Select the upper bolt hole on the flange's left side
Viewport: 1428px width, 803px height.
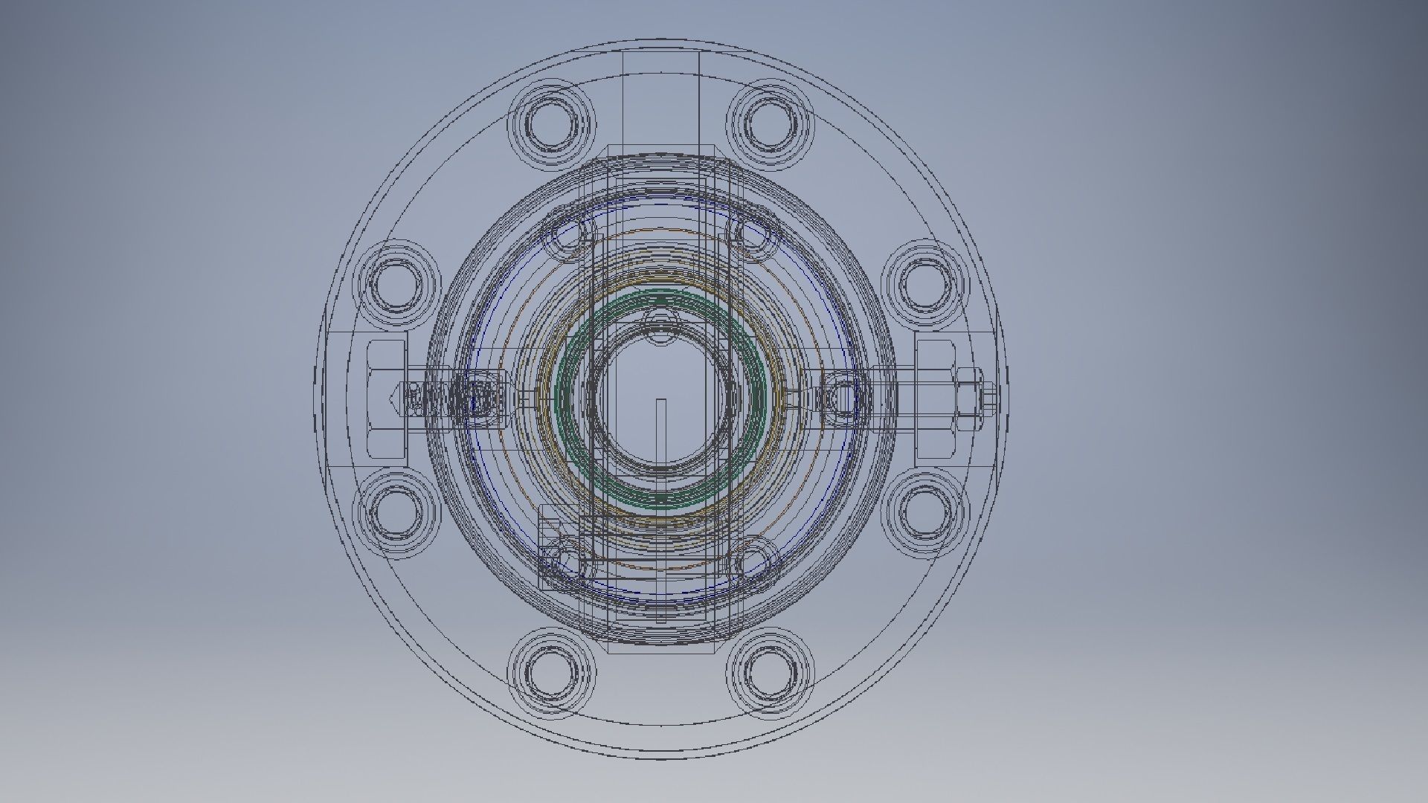pos(399,284)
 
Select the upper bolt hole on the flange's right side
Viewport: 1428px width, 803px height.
pos(924,284)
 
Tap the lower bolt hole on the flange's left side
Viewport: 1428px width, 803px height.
pos(399,512)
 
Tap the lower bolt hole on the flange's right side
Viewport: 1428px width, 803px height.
pos(924,512)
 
